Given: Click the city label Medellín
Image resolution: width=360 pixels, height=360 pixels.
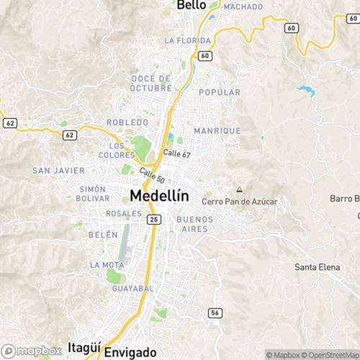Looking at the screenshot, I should coord(159,195).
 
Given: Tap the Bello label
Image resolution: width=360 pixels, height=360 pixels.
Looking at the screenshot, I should coord(192,5).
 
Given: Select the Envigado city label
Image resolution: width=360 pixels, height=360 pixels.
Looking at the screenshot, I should coord(130,352).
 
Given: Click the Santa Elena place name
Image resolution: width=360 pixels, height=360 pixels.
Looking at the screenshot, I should coord(317,267).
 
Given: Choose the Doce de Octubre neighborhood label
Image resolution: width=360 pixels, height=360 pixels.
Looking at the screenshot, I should coord(151,83).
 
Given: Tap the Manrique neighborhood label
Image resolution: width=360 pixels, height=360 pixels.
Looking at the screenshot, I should coord(217,130).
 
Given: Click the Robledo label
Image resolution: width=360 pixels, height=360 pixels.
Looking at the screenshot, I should coord(127,122).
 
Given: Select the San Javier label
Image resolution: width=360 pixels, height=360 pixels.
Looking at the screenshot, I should coord(58,171).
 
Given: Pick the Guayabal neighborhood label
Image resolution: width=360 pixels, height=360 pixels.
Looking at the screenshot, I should coord(132,288).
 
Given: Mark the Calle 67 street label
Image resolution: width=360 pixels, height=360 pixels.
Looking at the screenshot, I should coord(176,153).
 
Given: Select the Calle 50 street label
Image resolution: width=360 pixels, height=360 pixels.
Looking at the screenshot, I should coord(153,174).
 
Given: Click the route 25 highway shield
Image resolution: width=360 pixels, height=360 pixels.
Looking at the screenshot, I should coord(154,218).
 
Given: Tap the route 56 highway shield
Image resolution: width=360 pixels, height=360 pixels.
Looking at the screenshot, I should coord(214,312).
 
